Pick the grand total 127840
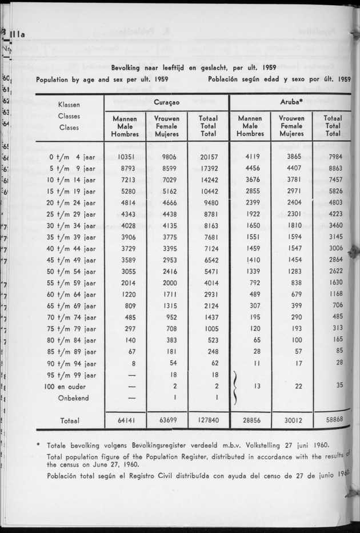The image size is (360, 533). pos(208,420)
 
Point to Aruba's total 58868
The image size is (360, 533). pos(334,420)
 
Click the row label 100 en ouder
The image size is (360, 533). pos(72,386)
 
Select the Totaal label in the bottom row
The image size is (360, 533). pos(70,420)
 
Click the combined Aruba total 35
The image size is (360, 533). pos(339,386)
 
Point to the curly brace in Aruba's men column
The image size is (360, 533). pos(234,386)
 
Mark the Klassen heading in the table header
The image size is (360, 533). pos(69,105)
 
